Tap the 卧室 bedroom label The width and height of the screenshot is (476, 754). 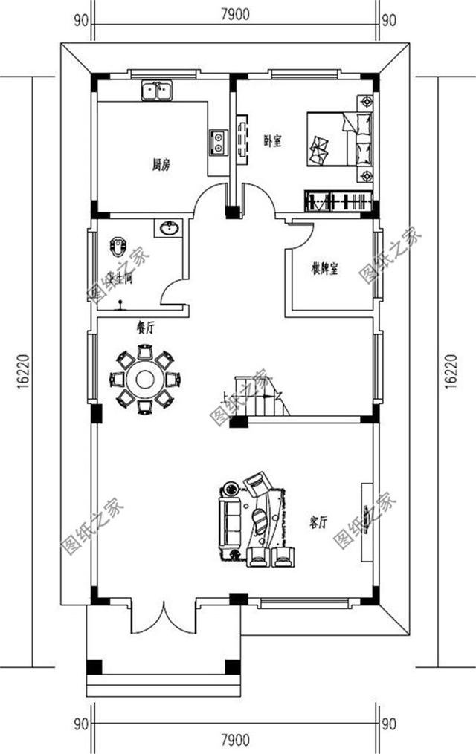pos(272,141)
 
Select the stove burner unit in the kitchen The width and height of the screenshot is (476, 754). pos(218,140)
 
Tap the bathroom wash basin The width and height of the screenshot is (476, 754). pos(167,228)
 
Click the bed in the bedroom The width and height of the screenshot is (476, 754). pos(335,140)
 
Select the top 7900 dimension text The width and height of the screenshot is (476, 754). pos(237,12)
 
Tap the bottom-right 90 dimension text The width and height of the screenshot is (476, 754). pos(388,723)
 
